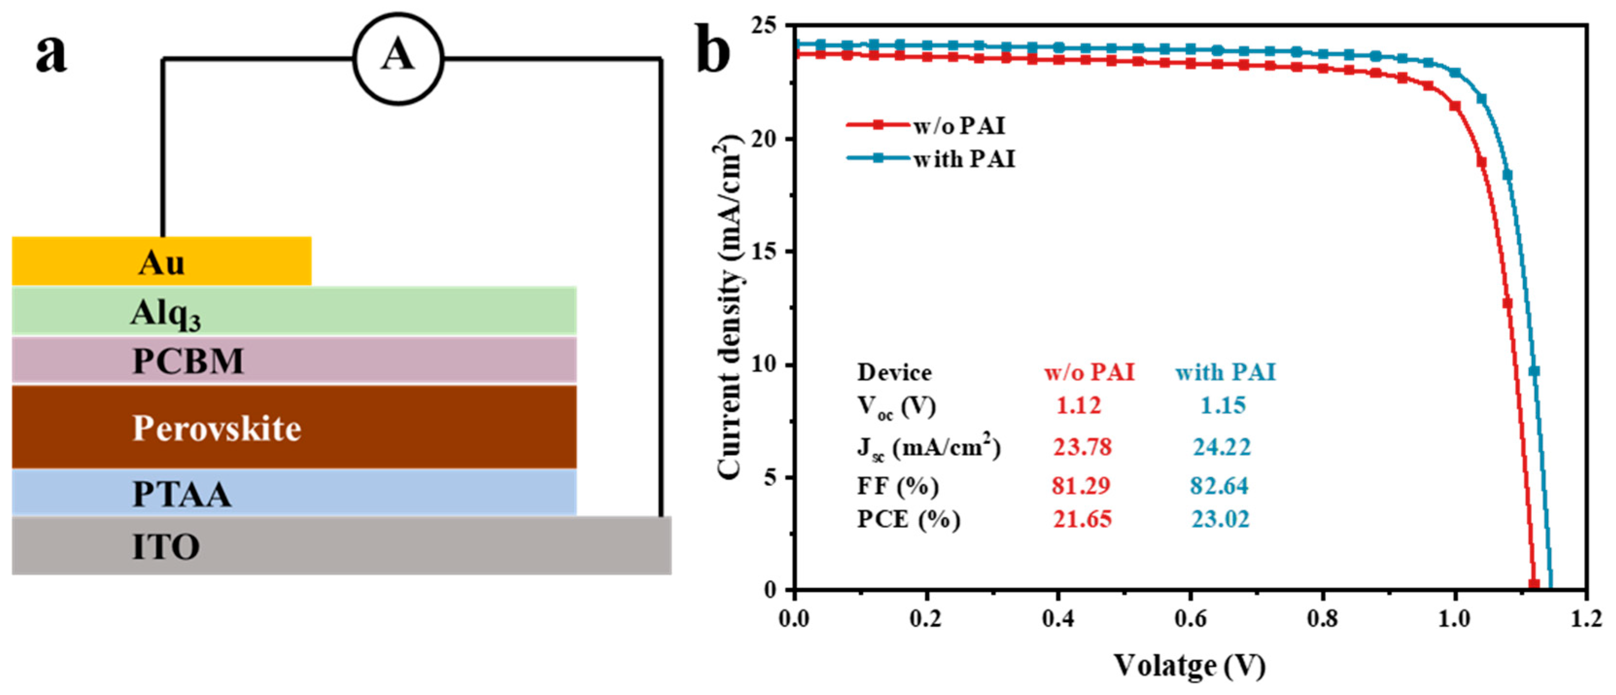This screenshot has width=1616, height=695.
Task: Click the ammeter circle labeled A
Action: [398, 58]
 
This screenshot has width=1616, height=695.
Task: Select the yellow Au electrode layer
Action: [161, 261]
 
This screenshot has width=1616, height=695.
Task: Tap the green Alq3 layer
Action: [294, 311]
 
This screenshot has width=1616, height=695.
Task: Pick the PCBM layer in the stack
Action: [294, 360]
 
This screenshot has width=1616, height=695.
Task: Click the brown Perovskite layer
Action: [294, 427]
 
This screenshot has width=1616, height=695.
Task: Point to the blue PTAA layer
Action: [294, 493]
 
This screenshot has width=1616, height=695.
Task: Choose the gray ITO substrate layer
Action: [341, 546]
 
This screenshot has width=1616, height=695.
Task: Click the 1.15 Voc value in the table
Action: [1223, 405]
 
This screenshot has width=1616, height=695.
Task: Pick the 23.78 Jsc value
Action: [1082, 447]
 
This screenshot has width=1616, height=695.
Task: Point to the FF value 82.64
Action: [1219, 486]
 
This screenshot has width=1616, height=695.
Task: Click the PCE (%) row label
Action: [908, 520]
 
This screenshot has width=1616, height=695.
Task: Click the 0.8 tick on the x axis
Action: [1322, 619]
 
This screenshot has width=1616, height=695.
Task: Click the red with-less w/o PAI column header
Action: [1089, 373]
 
